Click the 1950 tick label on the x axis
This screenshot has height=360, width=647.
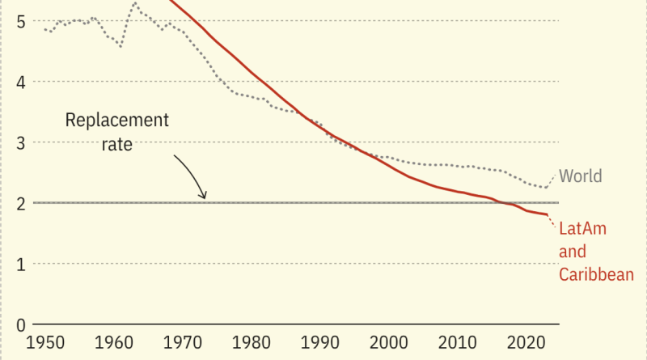pos(45,343)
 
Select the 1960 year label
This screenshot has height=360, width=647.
pos(114,343)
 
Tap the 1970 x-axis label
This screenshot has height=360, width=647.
pos(183,343)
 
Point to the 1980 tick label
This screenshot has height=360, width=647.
pos(252,343)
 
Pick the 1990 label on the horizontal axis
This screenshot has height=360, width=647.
pos(319,343)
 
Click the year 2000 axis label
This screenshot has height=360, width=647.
pos(389,343)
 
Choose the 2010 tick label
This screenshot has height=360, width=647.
pos(457,343)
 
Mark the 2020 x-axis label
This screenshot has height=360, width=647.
pos(526,343)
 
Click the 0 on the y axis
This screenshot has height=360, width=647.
pos(21,325)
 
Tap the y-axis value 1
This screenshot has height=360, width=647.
pos(21,265)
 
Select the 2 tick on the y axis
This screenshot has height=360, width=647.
pos(21,204)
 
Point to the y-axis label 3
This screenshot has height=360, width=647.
pos(21,143)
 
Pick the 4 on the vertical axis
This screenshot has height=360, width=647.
pos(21,83)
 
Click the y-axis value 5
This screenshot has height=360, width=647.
pos(21,22)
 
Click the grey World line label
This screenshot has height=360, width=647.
pos(581,176)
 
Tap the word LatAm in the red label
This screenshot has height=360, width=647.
pos(582,228)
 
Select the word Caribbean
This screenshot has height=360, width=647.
pos(596,274)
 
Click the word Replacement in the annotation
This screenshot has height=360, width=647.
pos(117,121)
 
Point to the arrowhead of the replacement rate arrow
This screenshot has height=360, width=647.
pos(205,197)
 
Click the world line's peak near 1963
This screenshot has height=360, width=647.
pos(135,2)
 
